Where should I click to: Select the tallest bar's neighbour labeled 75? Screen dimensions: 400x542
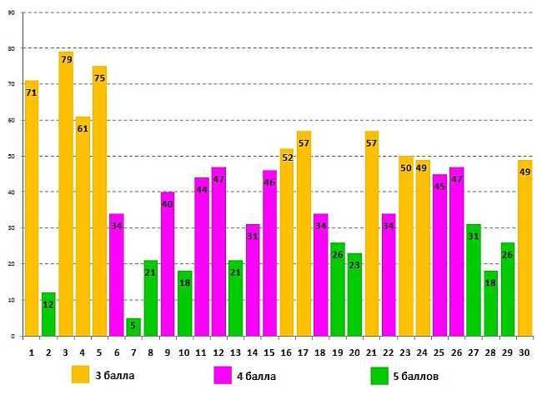point(100,200)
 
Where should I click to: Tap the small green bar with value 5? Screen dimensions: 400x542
point(134,327)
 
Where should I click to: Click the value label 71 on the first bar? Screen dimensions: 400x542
point(32,92)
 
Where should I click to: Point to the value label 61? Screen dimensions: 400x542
point(83,128)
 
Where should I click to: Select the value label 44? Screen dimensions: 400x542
point(202,189)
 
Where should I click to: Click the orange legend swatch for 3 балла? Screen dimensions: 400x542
point(81,374)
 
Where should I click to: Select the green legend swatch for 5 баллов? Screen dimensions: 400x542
point(379,375)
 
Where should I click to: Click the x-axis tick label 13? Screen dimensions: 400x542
point(235,352)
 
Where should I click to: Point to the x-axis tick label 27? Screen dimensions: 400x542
point(474,352)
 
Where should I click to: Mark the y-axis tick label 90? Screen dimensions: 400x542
point(12,13)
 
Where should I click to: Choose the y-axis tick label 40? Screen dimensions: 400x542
point(12,192)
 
